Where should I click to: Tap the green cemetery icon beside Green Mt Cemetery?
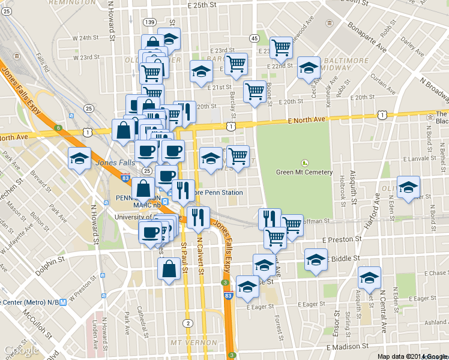tap(304, 163)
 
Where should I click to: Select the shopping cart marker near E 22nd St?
tap(281, 48)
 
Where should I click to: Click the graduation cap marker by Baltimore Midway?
tap(309, 68)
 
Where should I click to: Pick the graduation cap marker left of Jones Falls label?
tap(79, 159)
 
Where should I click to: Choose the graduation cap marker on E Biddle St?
tap(316, 260)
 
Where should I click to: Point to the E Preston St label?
tap(341, 239)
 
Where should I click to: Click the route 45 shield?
tap(255, 38)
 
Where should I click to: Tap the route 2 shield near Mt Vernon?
tap(188, 323)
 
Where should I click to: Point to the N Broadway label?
tap(435, 88)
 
